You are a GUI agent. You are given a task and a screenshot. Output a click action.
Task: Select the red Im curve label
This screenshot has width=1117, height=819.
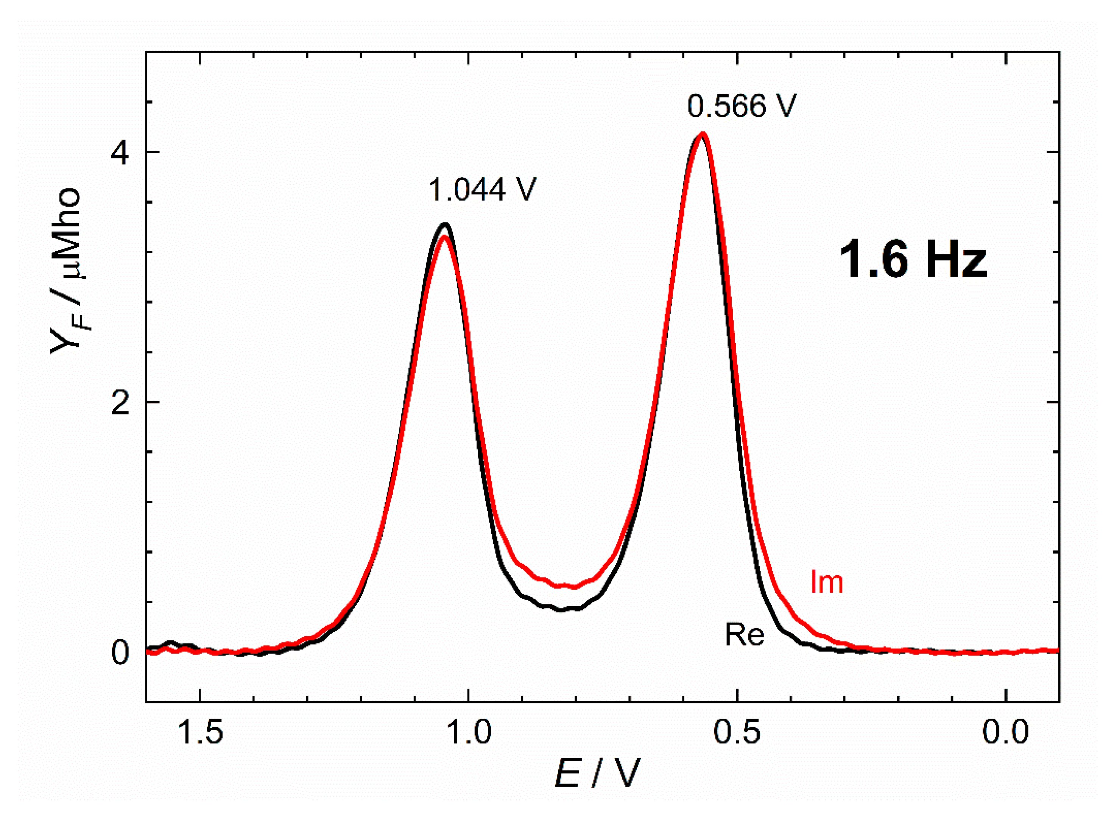click(x=826, y=582)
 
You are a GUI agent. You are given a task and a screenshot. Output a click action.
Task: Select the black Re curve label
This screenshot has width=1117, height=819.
click(x=745, y=635)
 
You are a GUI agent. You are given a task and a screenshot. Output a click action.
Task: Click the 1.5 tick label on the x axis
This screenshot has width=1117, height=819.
click(x=200, y=733)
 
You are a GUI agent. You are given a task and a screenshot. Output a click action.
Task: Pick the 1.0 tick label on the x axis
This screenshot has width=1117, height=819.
click(x=469, y=733)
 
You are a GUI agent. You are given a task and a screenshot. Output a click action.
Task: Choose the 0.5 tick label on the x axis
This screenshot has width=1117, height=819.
click(x=738, y=733)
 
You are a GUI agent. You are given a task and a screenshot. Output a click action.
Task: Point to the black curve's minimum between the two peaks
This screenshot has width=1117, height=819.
click(x=561, y=610)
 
